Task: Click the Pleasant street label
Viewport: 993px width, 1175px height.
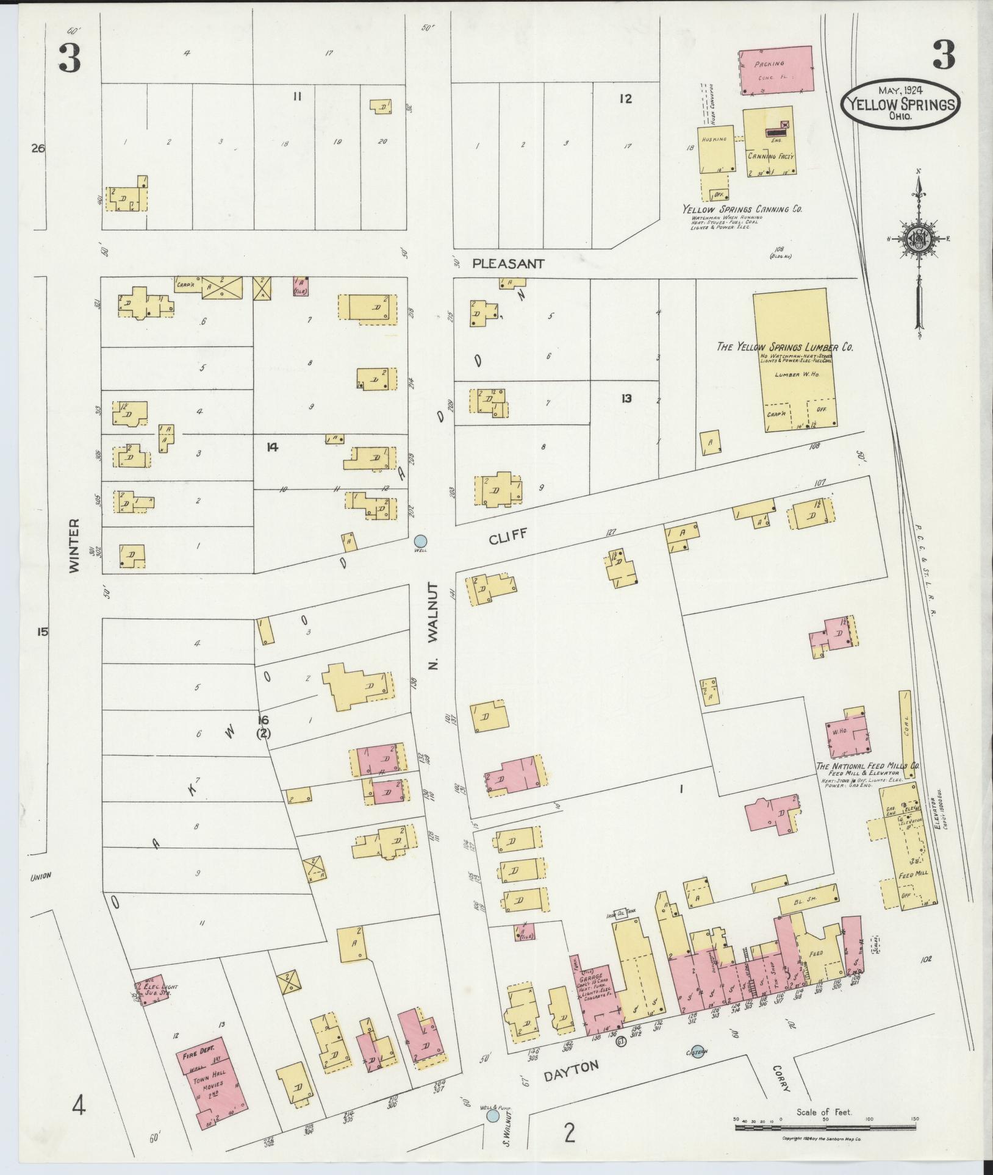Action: coord(507,264)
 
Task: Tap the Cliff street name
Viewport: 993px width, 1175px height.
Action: coord(507,538)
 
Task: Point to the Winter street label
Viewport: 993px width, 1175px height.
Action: coord(74,545)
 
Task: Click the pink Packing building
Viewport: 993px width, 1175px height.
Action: coord(776,70)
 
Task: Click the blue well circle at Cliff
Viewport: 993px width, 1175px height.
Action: coord(420,540)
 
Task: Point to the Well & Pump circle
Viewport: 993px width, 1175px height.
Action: coord(493,1115)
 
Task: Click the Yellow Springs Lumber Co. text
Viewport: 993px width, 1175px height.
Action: coord(784,347)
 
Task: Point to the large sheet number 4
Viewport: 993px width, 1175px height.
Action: coord(79,1104)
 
